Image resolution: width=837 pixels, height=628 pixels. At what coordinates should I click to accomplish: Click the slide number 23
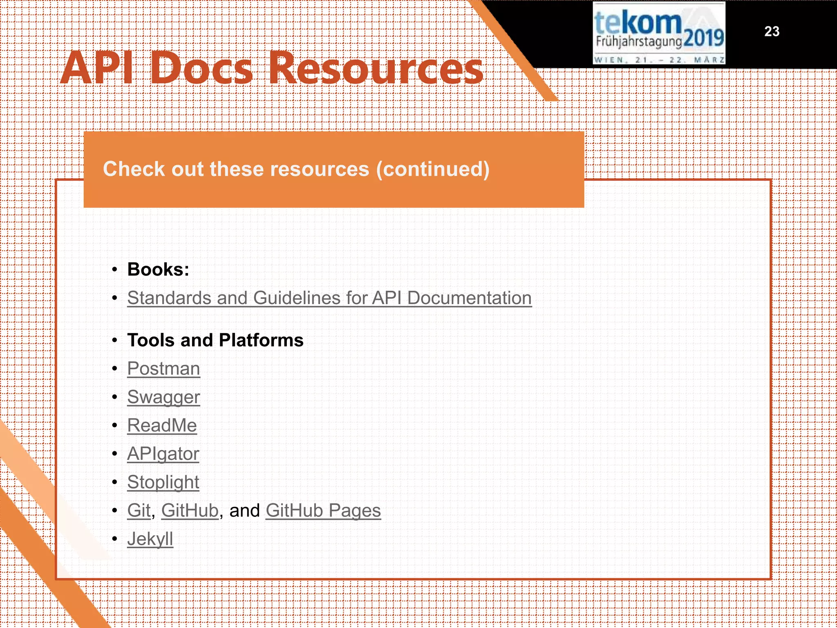(772, 31)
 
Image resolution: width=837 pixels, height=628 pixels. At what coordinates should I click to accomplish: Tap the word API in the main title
(98, 68)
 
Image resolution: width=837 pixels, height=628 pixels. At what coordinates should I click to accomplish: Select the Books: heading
(158, 269)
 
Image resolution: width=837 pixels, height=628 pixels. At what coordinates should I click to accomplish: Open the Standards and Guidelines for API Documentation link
(329, 298)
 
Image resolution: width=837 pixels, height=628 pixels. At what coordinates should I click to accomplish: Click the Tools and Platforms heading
(215, 340)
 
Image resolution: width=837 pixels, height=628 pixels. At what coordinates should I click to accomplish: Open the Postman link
(163, 369)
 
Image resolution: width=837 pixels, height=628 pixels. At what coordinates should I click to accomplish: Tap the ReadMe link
(162, 426)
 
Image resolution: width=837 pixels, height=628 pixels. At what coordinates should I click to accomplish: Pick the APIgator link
(163, 454)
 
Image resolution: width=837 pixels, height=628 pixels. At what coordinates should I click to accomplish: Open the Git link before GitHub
(139, 511)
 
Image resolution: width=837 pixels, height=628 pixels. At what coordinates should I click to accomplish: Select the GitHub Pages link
(323, 511)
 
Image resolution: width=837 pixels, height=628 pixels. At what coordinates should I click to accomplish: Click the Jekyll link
(150, 539)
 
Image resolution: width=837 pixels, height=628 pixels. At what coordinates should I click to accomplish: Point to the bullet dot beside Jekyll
(115, 539)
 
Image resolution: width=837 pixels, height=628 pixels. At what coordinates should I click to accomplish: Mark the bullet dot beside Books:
(115, 270)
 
